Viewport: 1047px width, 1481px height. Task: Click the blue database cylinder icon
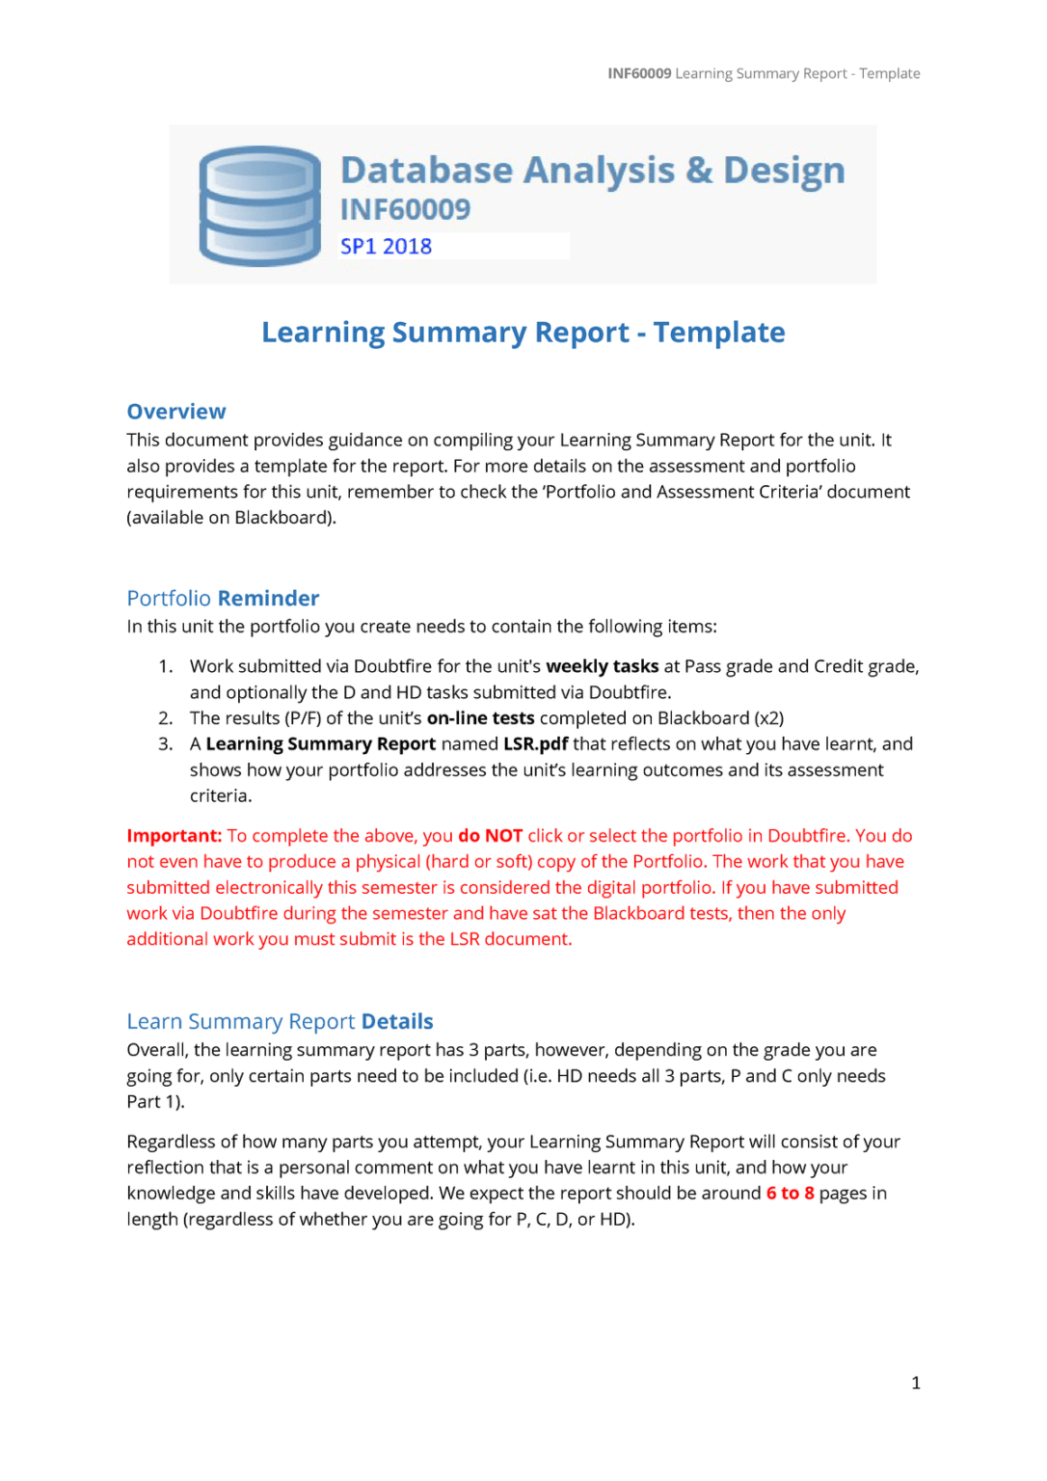click(x=259, y=205)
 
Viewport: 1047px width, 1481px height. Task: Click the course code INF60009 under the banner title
click(x=405, y=209)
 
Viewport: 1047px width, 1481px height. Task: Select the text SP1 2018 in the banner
click(x=386, y=247)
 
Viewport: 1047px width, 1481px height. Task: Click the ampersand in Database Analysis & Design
click(x=699, y=171)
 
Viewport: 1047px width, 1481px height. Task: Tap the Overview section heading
click(x=176, y=412)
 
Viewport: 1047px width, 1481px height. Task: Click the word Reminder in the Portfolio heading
click(x=268, y=599)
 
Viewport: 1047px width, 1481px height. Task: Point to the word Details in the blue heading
click(x=397, y=1022)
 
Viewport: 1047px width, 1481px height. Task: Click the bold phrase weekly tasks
click(x=602, y=666)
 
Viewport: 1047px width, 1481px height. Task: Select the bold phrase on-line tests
click(x=480, y=718)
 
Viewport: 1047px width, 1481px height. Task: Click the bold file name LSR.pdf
click(x=535, y=744)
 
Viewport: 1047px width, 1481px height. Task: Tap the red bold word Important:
click(x=174, y=836)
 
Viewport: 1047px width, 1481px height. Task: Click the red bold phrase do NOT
click(x=490, y=836)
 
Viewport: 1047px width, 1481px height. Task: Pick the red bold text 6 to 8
click(x=790, y=1194)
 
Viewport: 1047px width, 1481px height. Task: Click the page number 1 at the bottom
click(x=915, y=1384)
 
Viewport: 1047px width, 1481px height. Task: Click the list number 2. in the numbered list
click(x=166, y=718)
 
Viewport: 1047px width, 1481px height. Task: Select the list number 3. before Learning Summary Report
click(x=166, y=744)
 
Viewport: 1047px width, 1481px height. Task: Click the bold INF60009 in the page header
click(x=639, y=73)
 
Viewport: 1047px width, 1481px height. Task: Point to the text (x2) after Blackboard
click(x=768, y=718)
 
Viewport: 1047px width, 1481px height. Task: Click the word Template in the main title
click(x=719, y=333)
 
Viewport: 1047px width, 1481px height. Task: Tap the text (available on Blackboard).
click(x=231, y=518)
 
